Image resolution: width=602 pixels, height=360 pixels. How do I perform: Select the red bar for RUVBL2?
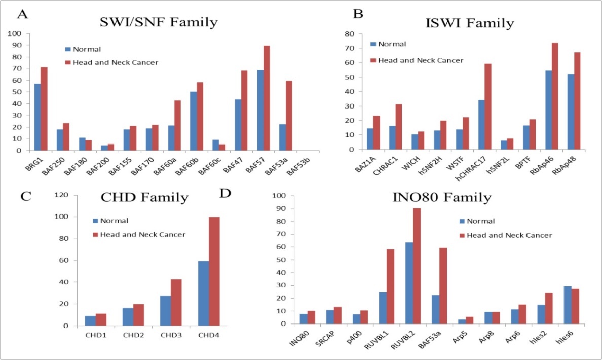[417, 266]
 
